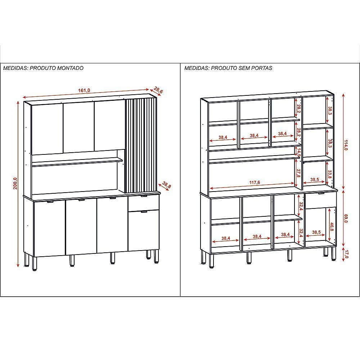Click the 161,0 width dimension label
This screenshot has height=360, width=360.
84,90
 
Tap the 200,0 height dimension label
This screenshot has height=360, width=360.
15,183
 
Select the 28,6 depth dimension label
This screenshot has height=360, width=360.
158,90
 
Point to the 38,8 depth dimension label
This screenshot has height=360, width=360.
167,185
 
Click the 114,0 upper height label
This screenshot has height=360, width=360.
346,145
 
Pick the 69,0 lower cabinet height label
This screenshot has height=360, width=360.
346,219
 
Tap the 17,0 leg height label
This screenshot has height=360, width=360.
346,254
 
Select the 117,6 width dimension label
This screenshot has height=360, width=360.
255,182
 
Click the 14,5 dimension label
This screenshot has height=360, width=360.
299,152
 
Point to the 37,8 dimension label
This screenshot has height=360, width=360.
299,173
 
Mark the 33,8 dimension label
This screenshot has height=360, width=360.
330,174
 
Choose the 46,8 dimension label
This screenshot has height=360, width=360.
332,226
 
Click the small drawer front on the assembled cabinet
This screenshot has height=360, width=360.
144,202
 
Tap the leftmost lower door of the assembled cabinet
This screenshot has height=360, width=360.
49,228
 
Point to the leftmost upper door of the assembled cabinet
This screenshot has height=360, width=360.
47,129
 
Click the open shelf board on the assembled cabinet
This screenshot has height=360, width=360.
77,161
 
